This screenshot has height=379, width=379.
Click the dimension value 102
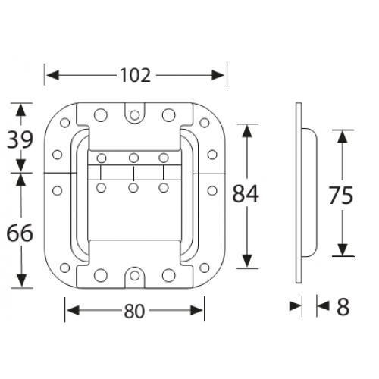[x=136, y=75]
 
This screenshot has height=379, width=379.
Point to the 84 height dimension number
[x=245, y=195]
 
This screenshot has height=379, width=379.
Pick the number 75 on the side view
[x=342, y=195]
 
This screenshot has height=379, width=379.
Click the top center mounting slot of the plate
[x=134, y=113]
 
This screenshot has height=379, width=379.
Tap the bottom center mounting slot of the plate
[x=134, y=275]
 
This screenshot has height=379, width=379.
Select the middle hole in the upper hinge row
[x=133, y=158]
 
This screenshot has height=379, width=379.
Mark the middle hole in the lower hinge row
[x=133, y=186]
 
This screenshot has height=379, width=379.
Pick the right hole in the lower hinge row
[x=163, y=186]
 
